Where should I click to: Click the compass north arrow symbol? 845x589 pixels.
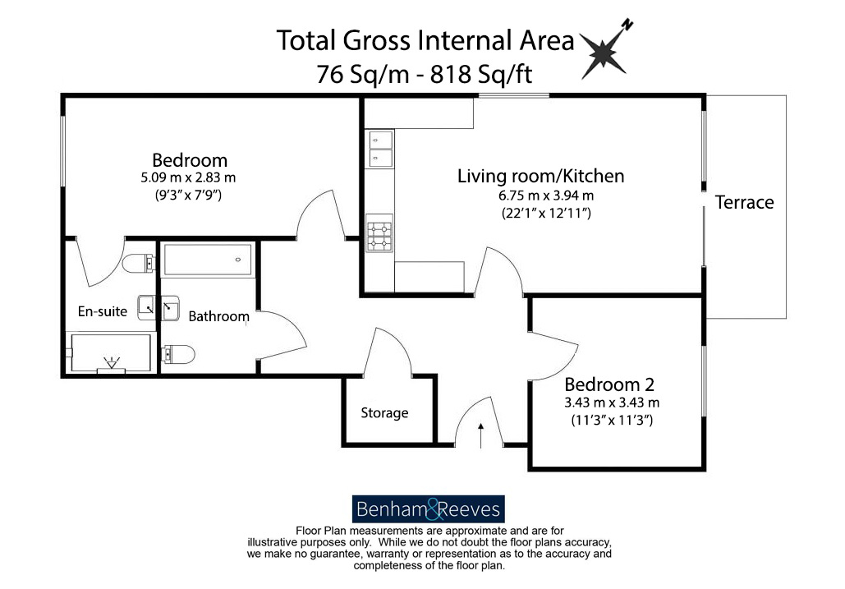(x=606, y=51)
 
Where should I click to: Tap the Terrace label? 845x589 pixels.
(x=744, y=202)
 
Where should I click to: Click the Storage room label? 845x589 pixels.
(x=384, y=413)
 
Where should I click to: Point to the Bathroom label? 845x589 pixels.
(x=218, y=316)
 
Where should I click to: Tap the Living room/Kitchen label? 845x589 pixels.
(x=540, y=176)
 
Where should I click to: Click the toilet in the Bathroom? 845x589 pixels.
(x=179, y=354)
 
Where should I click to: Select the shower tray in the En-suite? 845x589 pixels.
(x=109, y=353)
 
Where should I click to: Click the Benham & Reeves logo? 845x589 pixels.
(x=428, y=509)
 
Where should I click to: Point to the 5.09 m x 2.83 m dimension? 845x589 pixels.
(x=188, y=177)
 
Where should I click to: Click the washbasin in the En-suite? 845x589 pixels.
(x=146, y=306)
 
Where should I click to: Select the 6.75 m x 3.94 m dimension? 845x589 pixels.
(x=540, y=196)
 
